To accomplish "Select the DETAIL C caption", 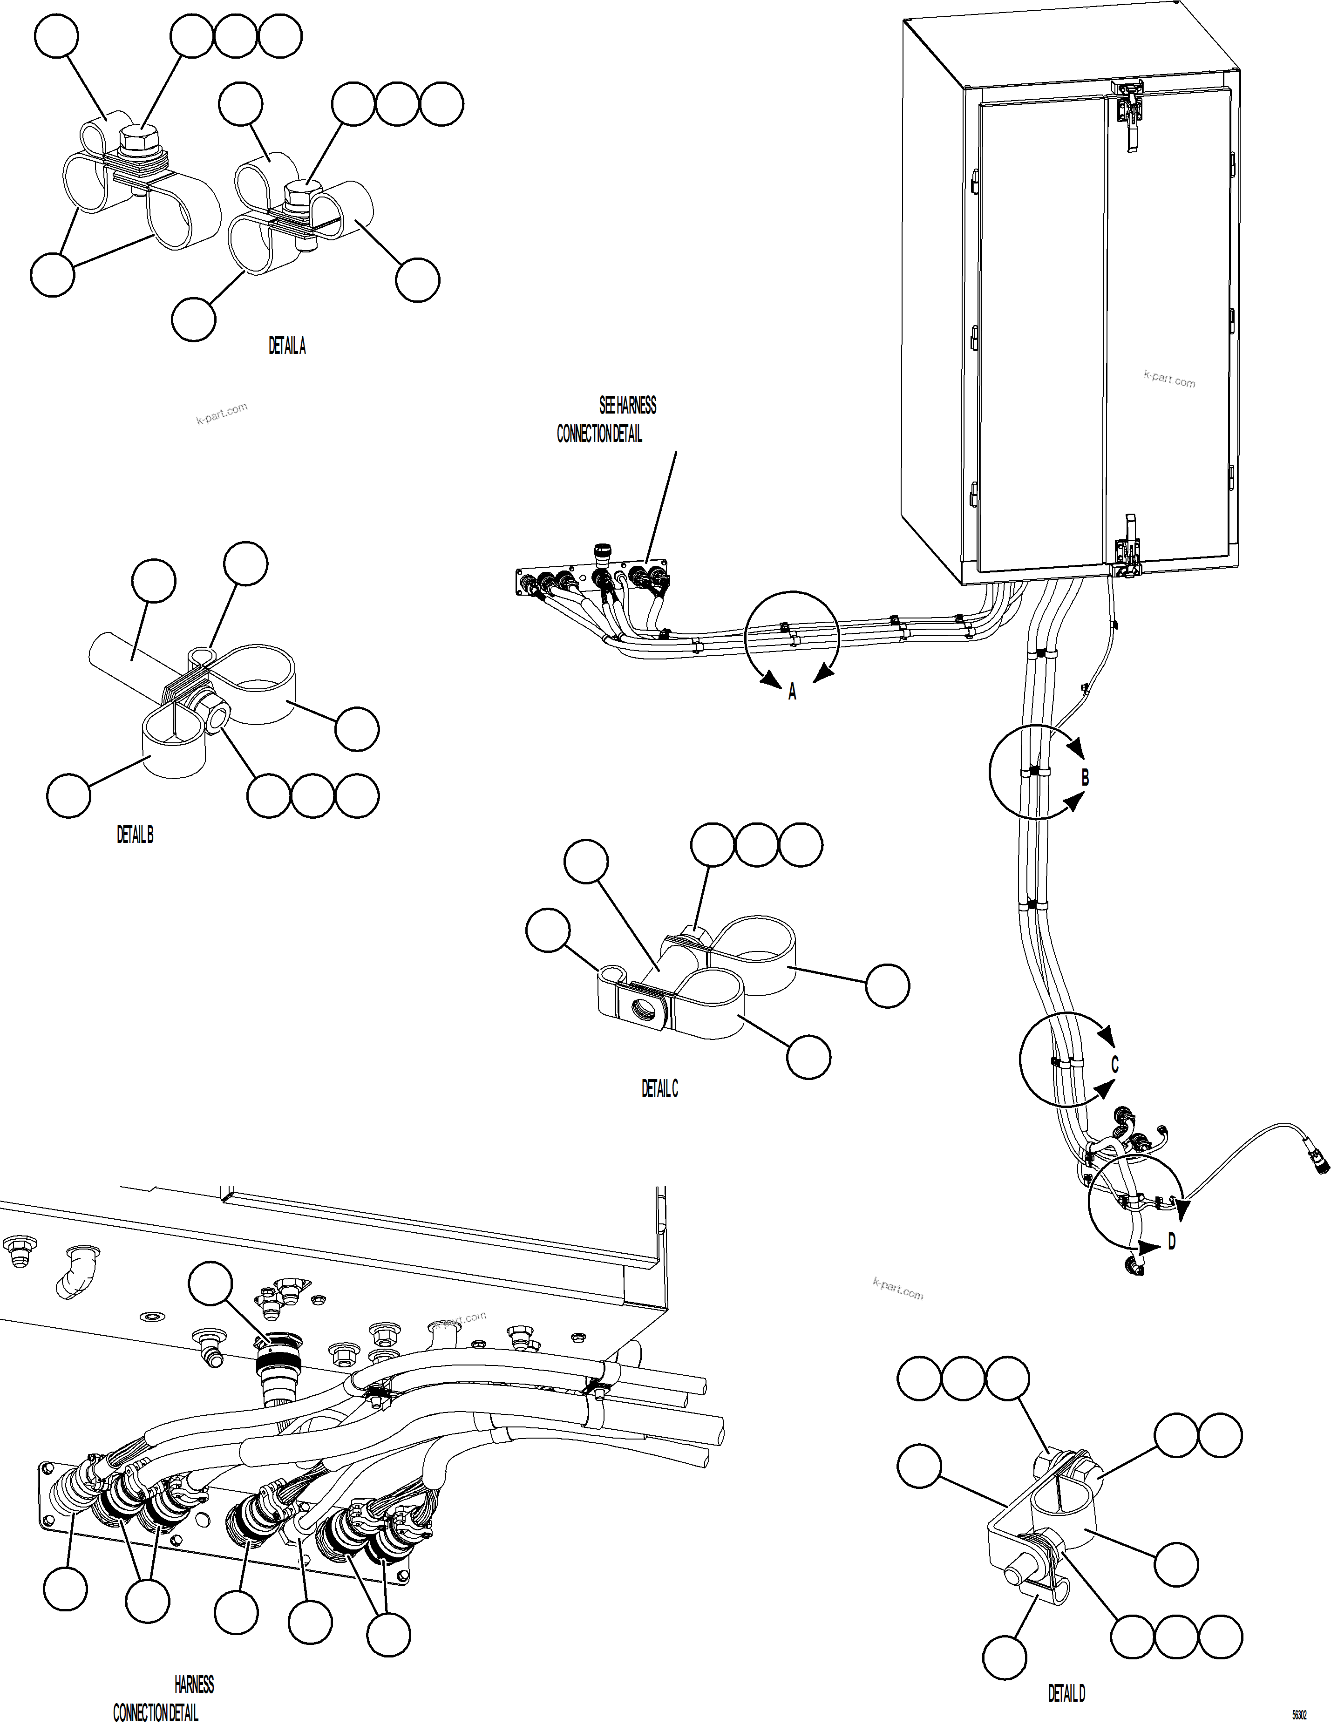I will [659, 1088].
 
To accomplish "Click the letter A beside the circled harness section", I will [792, 693].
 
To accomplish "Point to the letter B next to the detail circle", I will [1085, 778].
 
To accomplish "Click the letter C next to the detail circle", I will [1114, 1065].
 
